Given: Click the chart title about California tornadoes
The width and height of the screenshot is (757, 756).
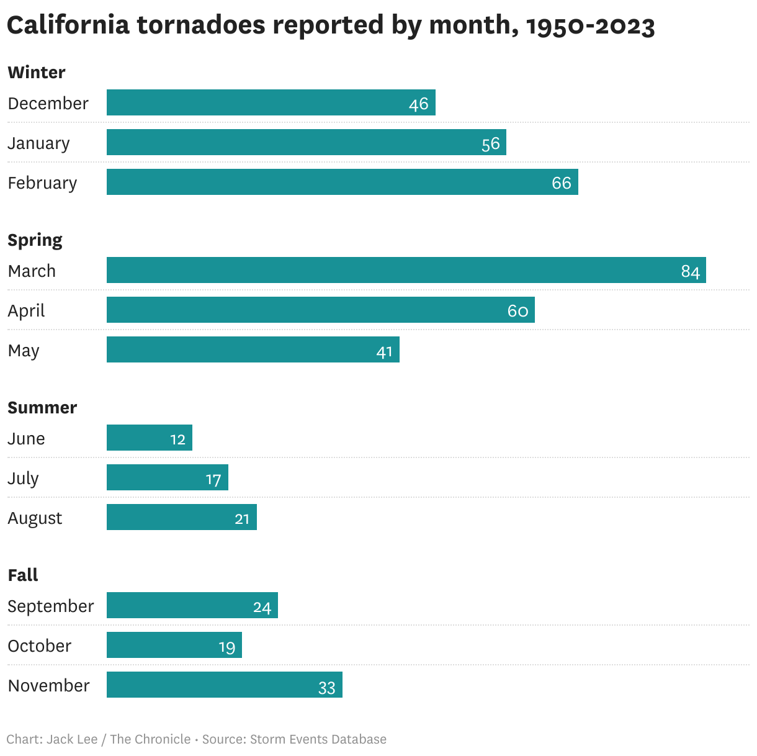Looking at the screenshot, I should point(330,25).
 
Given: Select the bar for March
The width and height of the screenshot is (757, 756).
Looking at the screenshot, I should point(406,270).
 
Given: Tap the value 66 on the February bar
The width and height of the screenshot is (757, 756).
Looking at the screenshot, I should point(561,182).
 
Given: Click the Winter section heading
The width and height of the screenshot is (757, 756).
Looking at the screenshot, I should point(37,72).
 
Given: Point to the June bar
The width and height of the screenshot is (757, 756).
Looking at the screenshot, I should point(149,438).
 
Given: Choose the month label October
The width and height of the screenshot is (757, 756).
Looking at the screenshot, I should point(40,646).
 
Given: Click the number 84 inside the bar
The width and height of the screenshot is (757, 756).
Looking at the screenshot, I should point(690,271).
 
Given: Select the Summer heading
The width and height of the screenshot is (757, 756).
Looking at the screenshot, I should point(42,407).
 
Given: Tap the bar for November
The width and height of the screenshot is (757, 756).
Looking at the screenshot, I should point(224,685).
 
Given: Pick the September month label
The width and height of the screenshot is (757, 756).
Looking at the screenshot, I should point(51,606).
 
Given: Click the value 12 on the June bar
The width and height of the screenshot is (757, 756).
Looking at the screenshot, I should point(177,439).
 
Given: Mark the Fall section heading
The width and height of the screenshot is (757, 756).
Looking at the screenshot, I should point(23,575).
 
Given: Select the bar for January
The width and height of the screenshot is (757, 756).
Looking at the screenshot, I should point(306,142).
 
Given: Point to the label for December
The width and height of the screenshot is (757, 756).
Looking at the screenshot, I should point(48,103).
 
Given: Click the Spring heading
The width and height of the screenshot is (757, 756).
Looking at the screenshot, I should point(35,240).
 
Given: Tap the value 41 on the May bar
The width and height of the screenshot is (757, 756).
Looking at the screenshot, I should point(384,352).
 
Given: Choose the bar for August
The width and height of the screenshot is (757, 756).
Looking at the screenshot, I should point(181,517).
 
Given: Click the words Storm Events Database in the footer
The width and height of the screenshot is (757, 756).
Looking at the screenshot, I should point(318,739).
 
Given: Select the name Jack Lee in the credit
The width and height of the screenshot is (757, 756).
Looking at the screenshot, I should point(72,739).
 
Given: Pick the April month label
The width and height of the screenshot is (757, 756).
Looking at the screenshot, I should point(27,310).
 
